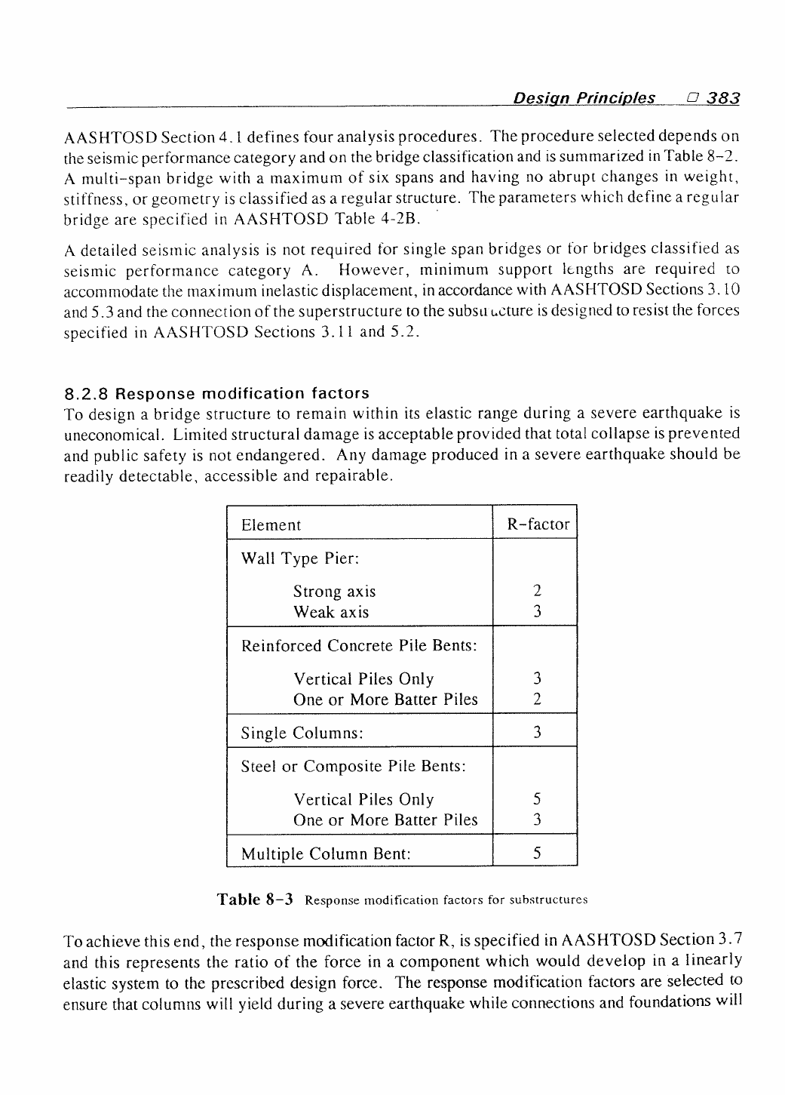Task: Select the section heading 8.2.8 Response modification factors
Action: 217,393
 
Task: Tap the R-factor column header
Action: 538,524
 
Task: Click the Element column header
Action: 271,525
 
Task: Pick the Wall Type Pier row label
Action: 299,558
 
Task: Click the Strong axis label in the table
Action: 334,592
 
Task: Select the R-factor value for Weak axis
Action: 536,612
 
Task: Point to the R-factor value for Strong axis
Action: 536,592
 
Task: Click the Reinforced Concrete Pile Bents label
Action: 359,646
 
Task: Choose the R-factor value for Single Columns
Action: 536,732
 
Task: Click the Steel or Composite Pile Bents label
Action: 353,767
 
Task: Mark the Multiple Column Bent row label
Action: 326,854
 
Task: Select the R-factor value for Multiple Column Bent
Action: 536,854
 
